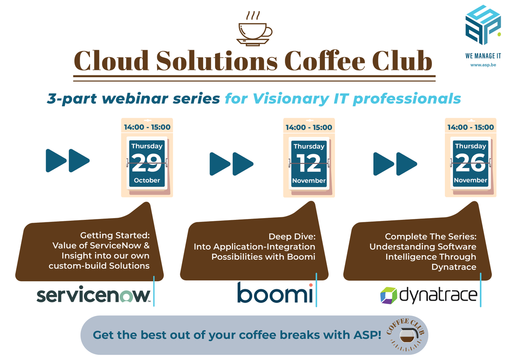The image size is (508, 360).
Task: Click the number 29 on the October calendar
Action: pyautogui.click(x=146, y=163)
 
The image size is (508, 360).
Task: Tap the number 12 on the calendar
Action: pyautogui.click(x=309, y=163)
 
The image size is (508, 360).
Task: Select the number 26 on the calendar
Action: pyautogui.click(x=470, y=163)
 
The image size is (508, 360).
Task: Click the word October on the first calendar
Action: pyautogui.click(x=147, y=180)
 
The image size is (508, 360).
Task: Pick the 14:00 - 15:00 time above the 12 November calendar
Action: pyautogui.click(x=309, y=127)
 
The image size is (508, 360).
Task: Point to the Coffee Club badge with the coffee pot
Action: pyautogui.click(x=407, y=335)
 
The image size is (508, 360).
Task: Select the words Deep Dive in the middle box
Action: pyautogui.click(x=292, y=236)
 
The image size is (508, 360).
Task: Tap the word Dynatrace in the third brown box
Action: pyautogui.click(x=454, y=267)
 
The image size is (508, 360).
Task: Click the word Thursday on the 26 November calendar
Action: pyautogui.click(x=470, y=146)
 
